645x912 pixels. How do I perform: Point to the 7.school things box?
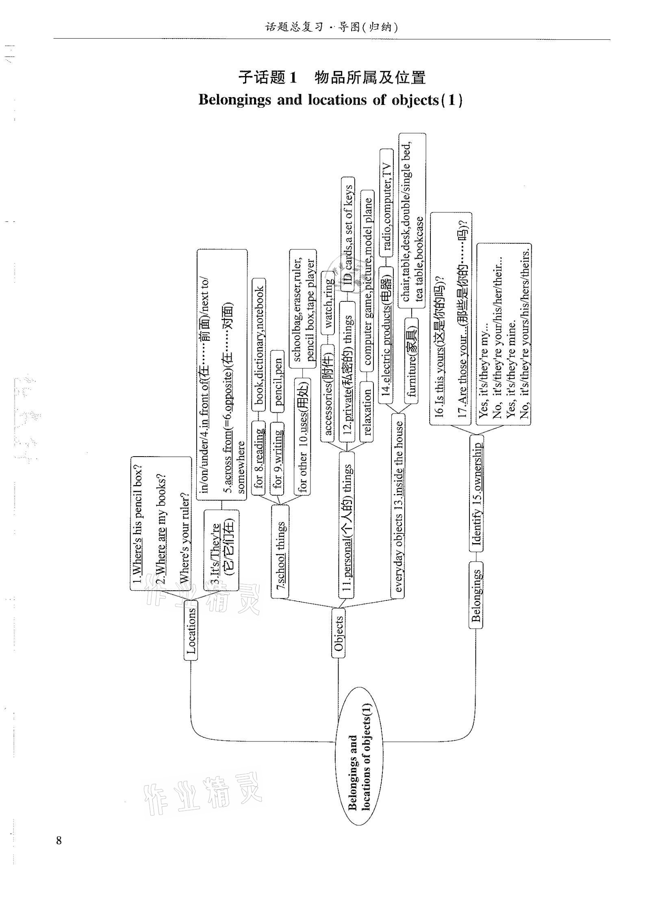[280, 551]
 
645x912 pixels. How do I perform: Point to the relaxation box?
[366, 412]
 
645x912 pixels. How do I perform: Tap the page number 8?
[59, 840]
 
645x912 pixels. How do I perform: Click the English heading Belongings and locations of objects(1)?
[330, 100]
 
